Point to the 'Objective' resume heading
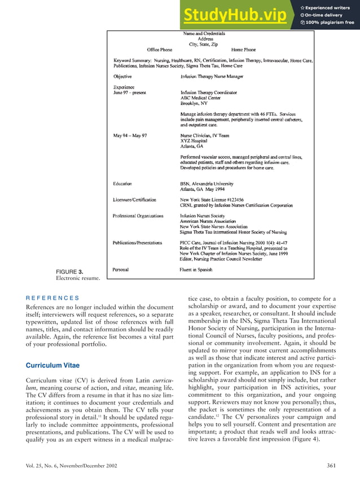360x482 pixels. (122, 76)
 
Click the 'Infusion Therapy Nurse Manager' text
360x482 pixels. (213, 76)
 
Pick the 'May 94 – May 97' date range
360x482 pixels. (131, 135)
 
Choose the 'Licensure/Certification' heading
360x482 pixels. (135, 199)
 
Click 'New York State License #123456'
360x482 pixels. (216, 199)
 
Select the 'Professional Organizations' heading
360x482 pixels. (138, 216)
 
